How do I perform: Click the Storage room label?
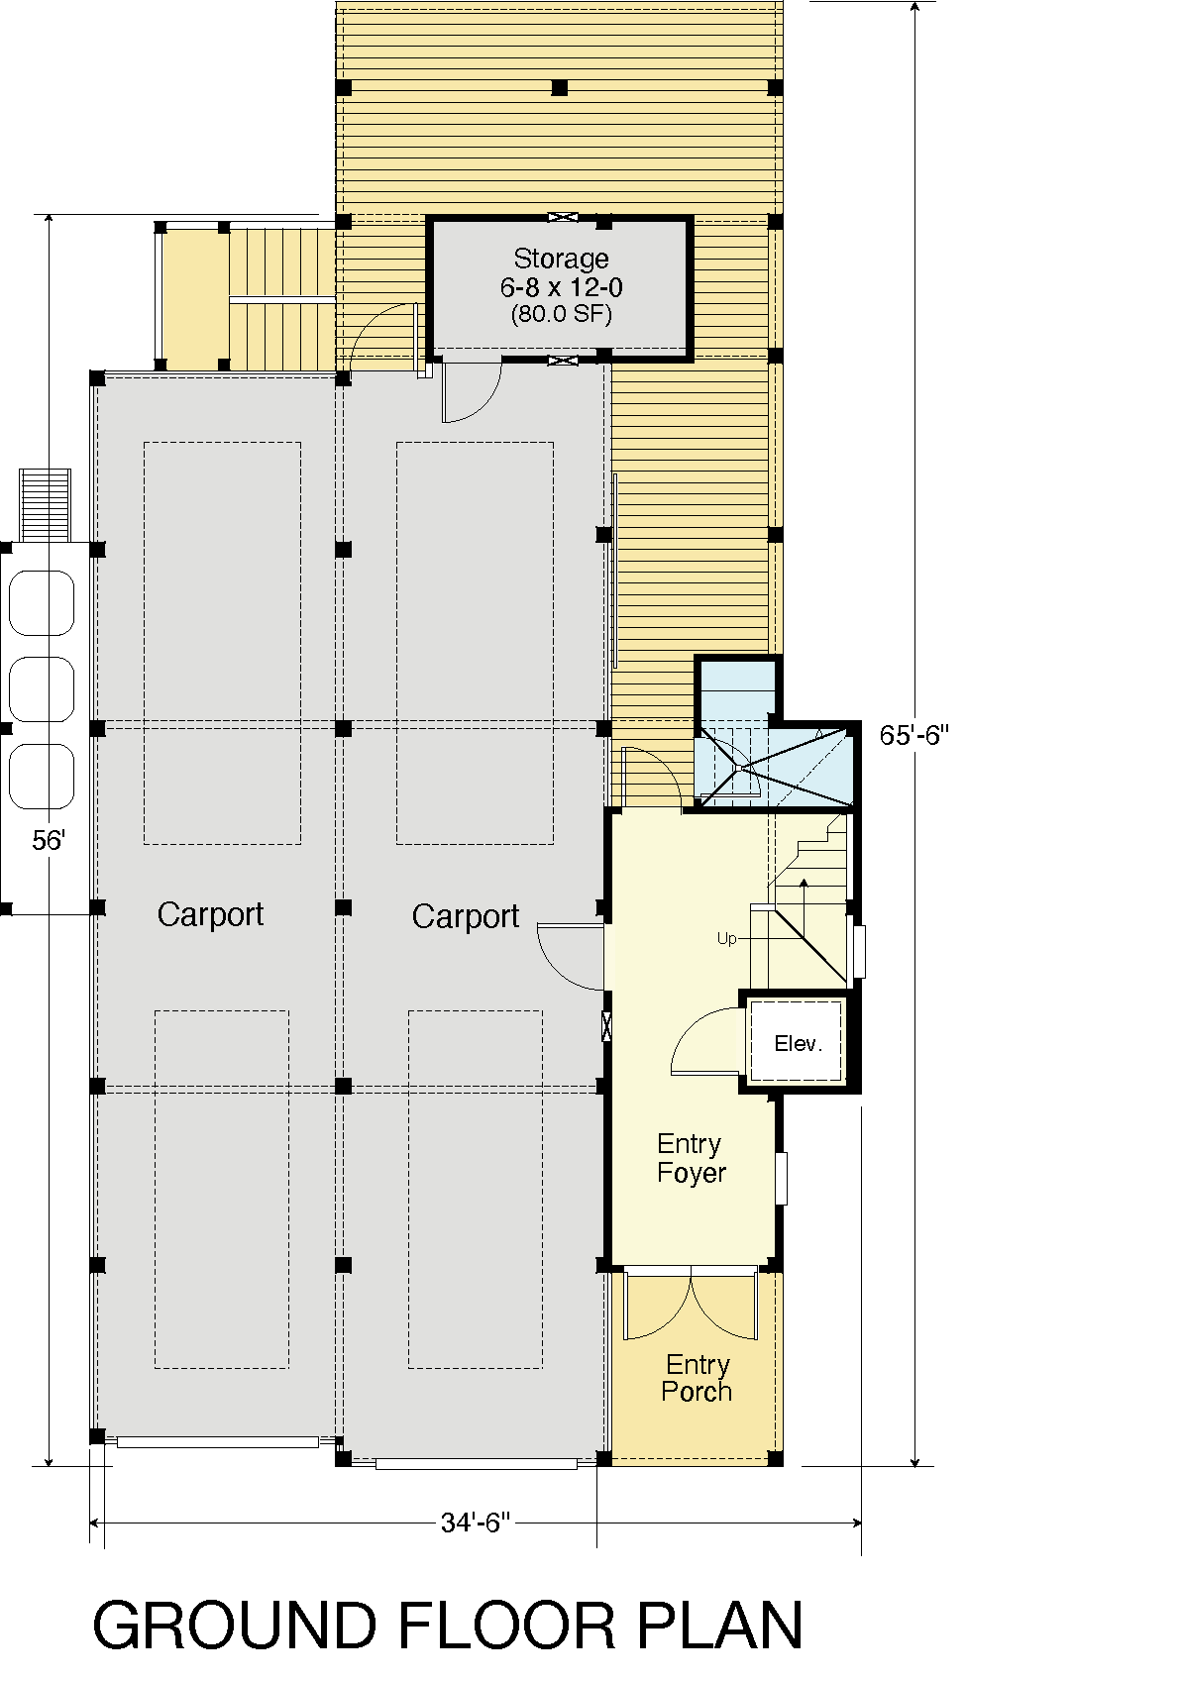pos(561,259)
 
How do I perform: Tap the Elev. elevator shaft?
pos(798,1043)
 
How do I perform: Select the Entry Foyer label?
pos(691,1158)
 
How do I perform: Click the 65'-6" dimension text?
pos(913,735)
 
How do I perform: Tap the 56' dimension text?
pos(48,840)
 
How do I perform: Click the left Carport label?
pos(210,915)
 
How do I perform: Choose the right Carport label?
pos(466,917)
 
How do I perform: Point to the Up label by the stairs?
pos(727,939)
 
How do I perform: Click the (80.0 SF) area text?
pos(562,314)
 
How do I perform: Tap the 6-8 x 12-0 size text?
pos(562,287)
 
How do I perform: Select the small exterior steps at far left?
pos(45,504)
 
